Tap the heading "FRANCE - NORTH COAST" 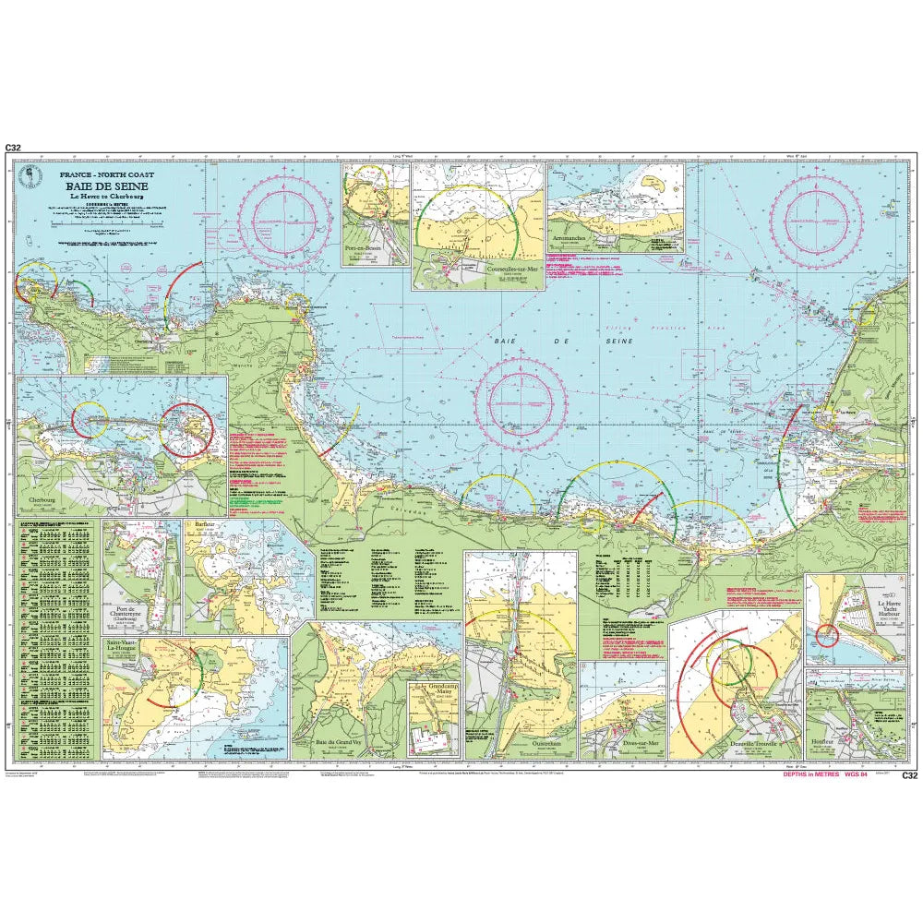click(x=108, y=174)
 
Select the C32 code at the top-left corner click(x=12, y=148)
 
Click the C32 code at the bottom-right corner click(x=909, y=775)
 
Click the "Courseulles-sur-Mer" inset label click(x=506, y=270)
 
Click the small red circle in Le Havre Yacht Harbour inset click(x=827, y=635)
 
